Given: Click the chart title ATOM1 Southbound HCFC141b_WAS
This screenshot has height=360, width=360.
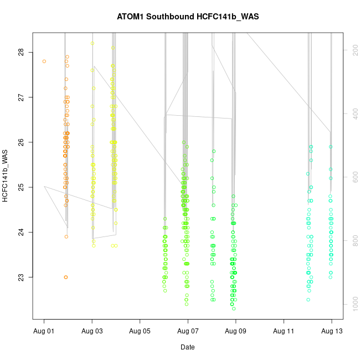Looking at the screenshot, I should click(x=188, y=17).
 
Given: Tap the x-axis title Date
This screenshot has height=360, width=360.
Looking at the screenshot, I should click(x=187, y=347).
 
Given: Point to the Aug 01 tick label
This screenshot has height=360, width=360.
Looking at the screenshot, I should click(x=44, y=331).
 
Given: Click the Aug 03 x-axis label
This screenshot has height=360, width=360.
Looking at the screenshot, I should click(x=92, y=331).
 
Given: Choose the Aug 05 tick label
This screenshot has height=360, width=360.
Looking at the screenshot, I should click(x=140, y=331).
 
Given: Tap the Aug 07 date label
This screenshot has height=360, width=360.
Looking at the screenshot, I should click(x=188, y=331).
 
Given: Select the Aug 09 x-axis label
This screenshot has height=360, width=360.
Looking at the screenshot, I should click(x=236, y=331).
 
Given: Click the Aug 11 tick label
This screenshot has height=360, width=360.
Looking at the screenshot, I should click(x=284, y=331).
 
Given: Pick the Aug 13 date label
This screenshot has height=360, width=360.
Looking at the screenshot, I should click(x=332, y=331).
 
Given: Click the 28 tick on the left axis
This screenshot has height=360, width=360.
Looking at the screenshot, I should click(x=20, y=52).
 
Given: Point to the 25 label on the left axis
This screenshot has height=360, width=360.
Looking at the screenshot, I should click(x=20, y=187).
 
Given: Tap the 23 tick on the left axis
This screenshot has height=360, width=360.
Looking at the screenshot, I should click(x=20, y=277).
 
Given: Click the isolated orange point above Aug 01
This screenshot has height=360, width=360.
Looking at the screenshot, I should click(x=44, y=61).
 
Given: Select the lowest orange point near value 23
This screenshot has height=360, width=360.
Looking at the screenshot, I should click(x=65, y=277).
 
